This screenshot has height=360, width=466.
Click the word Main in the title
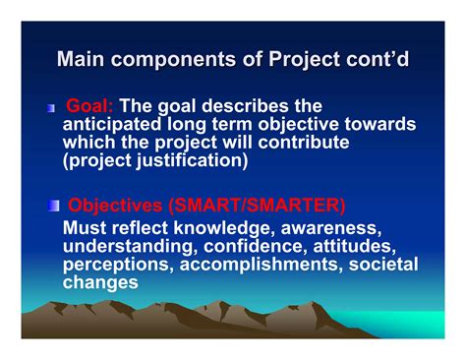(80, 60)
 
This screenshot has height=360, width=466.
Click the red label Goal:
(89, 106)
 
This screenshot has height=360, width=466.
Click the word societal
(380, 264)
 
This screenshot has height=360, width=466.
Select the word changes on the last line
(99, 281)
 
